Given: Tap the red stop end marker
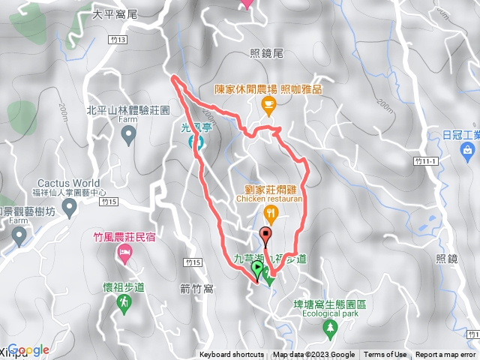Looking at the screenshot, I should point(265,235).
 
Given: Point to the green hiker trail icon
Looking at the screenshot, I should point(124,302).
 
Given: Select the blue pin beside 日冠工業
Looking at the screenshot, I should point(469,152).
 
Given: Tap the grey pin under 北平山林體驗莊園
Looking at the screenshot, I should point(128,135).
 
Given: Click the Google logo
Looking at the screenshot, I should point(28,349).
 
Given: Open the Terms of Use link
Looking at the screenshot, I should point(385,355).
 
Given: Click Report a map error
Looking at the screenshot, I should point(445,355).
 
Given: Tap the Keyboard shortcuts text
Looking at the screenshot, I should point(231,355).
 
